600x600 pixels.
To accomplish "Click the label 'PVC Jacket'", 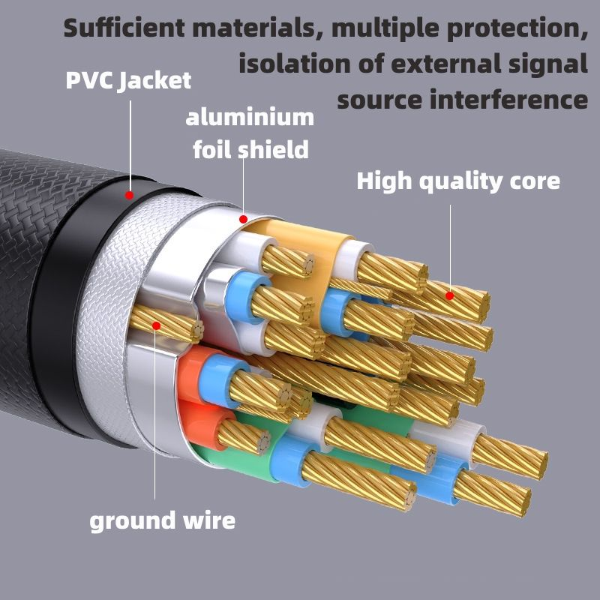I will [x=128, y=80].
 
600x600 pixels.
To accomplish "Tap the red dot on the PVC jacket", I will [x=129, y=195].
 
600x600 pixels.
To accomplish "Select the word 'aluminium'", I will [x=250, y=118].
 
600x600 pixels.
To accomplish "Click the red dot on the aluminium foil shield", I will [x=242, y=219].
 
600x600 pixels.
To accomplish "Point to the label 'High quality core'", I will [x=457, y=181].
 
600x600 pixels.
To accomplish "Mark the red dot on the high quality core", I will [x=450, y=295].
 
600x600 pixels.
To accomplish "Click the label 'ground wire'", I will [x=162, y=520].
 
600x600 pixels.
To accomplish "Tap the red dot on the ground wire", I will [x=157, y=325].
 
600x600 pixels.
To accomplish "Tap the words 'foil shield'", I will [x=250, y=149].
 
